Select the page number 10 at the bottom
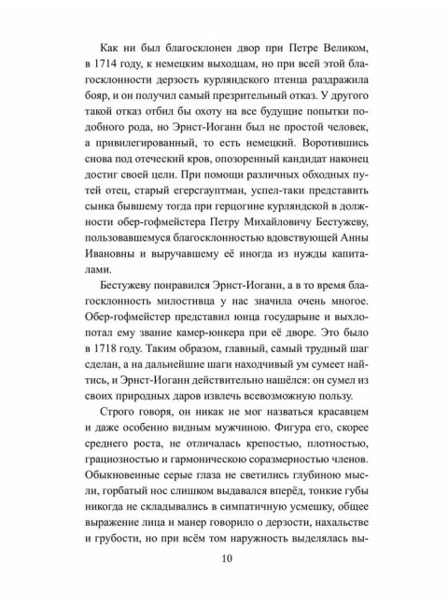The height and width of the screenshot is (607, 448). [224, 559]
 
